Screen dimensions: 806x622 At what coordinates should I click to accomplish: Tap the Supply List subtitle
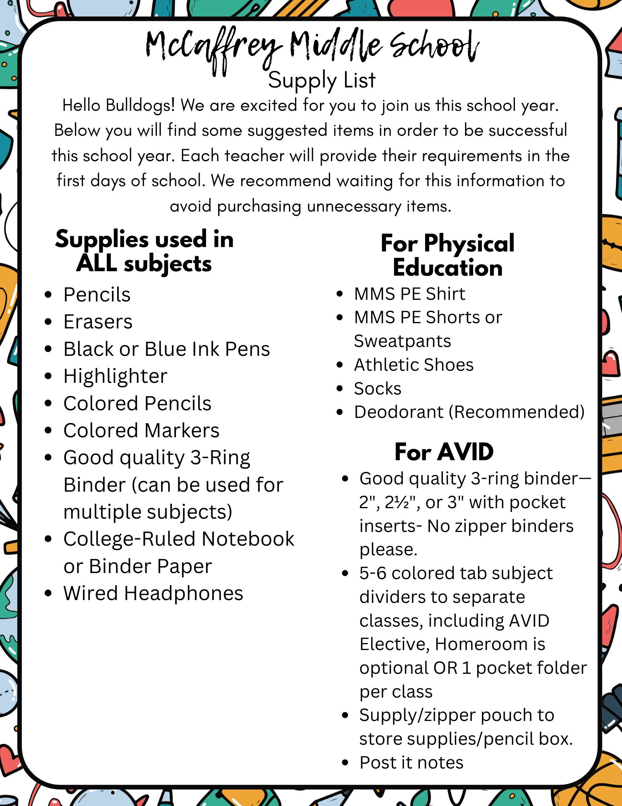(322, 80)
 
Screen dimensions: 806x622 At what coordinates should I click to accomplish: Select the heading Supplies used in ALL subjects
(144, 251)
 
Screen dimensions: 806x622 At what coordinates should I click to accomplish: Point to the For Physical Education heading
(448, 256)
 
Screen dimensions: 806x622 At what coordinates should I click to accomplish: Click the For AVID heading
(444, 451)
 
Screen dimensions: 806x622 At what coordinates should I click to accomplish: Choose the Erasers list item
(98, 322)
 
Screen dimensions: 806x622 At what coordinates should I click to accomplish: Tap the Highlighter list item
(115, 376)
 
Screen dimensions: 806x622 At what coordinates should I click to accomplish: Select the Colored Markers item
(141, 430)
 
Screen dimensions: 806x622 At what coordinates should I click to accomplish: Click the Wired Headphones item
(153, 593)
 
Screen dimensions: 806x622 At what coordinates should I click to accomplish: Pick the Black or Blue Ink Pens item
(167, 349)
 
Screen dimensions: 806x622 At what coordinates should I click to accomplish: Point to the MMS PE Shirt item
(409, 294)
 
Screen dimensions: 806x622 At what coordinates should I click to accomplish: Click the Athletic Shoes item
(413, 365)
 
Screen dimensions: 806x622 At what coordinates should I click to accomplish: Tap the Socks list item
(377, 388)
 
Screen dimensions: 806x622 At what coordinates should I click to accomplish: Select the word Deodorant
(399, 412)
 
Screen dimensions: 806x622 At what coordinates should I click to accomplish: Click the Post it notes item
(411, 762)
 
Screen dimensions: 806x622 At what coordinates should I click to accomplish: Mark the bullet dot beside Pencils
(48, 295)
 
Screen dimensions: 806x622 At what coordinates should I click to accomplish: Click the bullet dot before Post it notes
(345, 762)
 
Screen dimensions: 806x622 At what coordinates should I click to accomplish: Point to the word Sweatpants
(402, 341)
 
